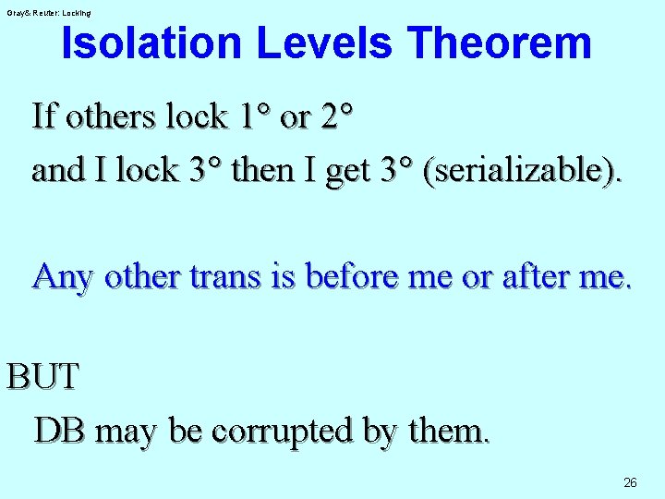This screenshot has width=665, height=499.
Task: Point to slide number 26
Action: [630, 481]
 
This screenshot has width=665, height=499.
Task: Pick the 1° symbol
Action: [254, 116]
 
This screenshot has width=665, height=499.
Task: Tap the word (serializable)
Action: [522, 170]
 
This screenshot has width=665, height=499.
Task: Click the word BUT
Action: [43, 377]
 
